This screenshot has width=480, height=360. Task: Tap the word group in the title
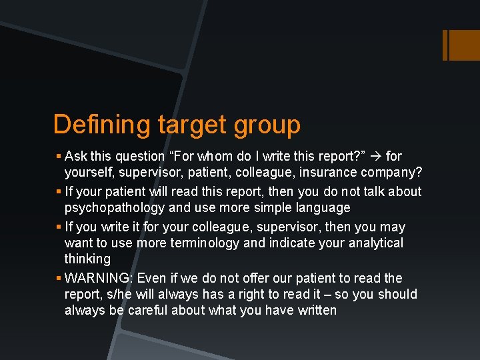point(267,125)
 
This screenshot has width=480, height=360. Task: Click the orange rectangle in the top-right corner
point(461,45)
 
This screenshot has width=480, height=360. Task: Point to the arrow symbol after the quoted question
point(375,157)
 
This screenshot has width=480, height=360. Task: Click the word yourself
point(88,173)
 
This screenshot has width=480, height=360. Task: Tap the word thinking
point(87,259)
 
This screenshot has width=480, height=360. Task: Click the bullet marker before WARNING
point(59,278)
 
